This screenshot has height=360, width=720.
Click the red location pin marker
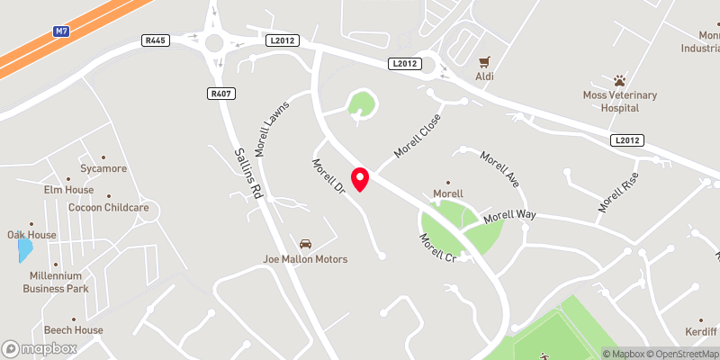(x=360, y=178)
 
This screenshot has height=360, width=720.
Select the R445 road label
(x=156, y=40)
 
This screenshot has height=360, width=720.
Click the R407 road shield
(x=220, y=94)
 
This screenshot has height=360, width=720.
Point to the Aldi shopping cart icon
(x=485, y=61)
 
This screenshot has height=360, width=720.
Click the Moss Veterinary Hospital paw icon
(x=619, y=80)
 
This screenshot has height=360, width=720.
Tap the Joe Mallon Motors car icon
(x=305, y=244)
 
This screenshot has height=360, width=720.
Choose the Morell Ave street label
(x=500, y=168)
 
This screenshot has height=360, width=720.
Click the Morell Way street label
(x=509, y=217)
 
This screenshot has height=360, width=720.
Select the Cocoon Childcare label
(x=108, y=207)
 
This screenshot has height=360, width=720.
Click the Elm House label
(x=68, y=190)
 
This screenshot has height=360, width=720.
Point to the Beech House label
(x=74, y=330)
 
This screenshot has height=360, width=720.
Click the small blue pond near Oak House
(x=24, y=249)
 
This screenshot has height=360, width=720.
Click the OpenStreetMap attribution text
(x=681, y=354)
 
